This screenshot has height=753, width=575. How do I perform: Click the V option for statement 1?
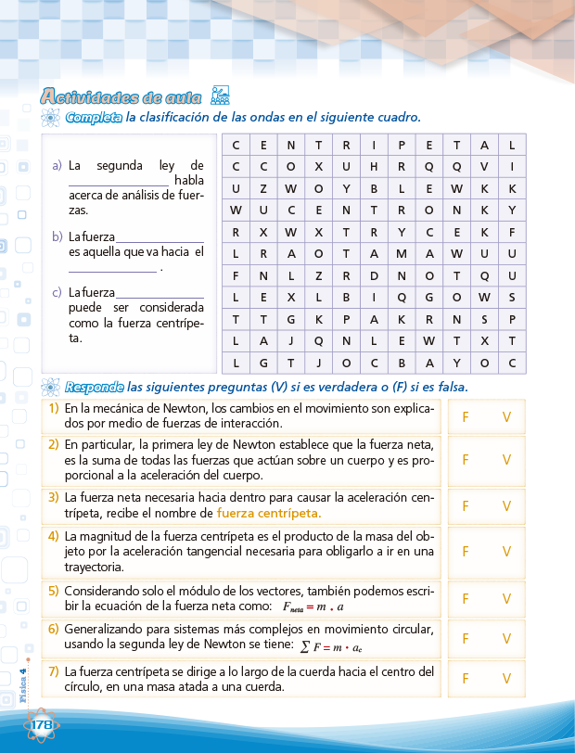click(506, 417)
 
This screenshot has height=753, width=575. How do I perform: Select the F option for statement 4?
click(466, 552)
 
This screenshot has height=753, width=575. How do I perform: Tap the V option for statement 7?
click(506, 679)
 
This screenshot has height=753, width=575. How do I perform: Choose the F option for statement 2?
click(466, 459)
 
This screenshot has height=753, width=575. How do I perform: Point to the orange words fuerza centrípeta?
click(269, 512)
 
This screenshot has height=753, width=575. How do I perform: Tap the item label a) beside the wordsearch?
click(57, 166)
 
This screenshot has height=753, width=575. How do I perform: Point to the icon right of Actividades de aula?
click(220, 95)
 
